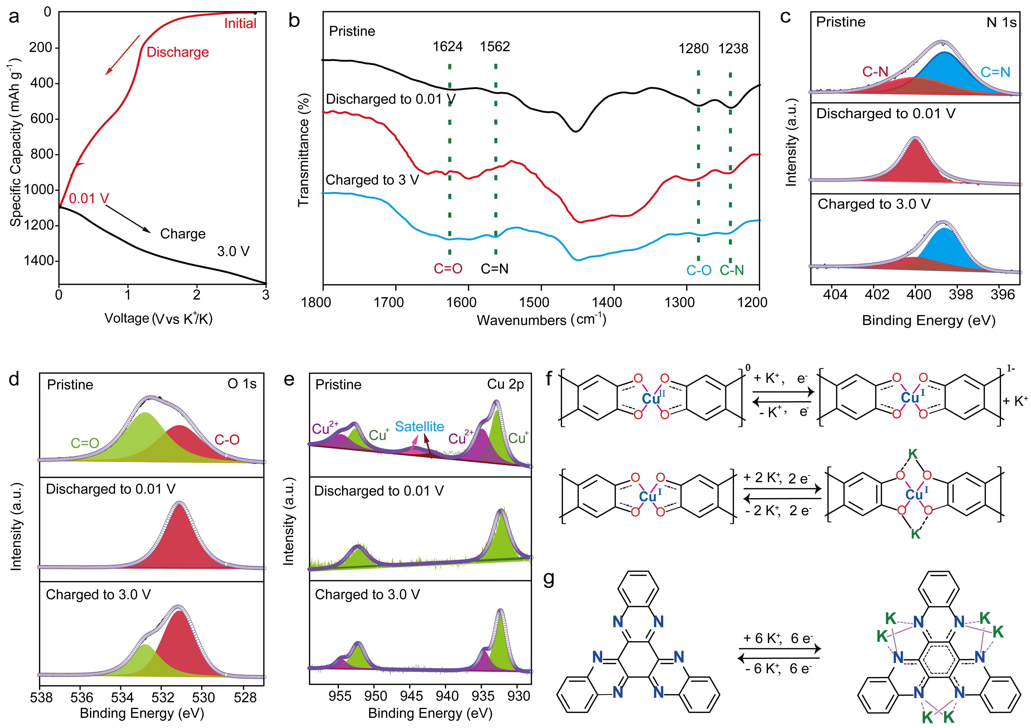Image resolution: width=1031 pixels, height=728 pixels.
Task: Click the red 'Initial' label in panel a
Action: [x=240, y=23]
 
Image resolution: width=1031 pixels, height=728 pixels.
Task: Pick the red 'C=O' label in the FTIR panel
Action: [x=448, y=269]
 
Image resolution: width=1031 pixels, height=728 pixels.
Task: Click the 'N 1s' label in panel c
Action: [x=1001, y=22]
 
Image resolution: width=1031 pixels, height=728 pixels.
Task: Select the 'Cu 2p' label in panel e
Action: [x=506, y=384]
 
